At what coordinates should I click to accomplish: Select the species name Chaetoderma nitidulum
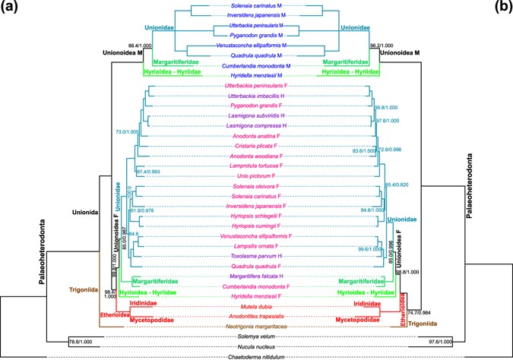click(x=256, y=356)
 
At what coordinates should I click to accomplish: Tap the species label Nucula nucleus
click(x=256, y=347)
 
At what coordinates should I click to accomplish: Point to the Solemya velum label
click(x=256, y=337)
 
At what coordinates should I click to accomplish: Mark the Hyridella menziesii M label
click(x=256, y=76)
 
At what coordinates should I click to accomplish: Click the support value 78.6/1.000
click(x=79, y=342)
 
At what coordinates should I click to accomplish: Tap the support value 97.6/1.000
click(x=436, y=342)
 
